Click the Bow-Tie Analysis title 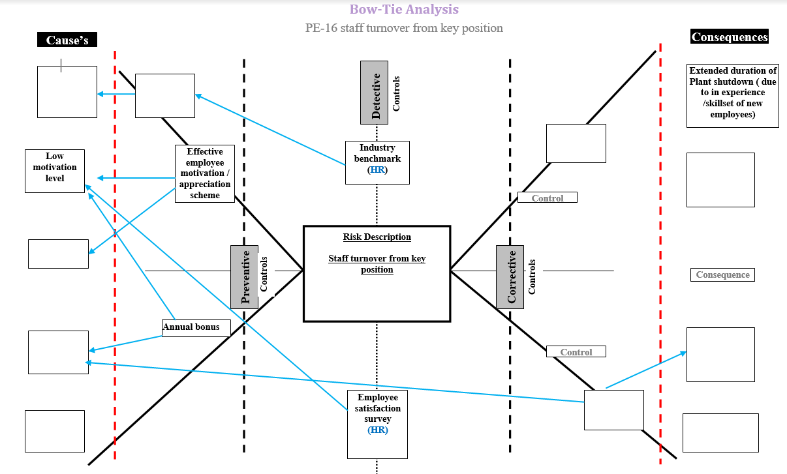pyautogui.click(x=404, y=9)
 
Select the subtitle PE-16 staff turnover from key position pyautogui.click(x=404, y=28)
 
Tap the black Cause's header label pyautogui.click(x=67, y=40)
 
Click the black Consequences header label pyautogui.click(x=730, y=37)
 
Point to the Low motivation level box pyautogui.click(x=55, y=171)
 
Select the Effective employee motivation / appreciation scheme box pyautogui.click(x=205, y=173)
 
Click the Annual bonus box pyautogui.click(x=196, y=327)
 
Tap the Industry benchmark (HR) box pyautogui.click(x=377, y=162)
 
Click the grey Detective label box pyautogui.click(x=375, y=93)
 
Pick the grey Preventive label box pyautogui.click(x=245, y=276)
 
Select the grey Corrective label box pyautogui.click(x=510, y=276)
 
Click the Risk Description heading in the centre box pyautogui.click(x=377, y=237)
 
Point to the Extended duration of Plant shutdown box pyautogui.click(x=732, y=95)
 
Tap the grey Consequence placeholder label pyautogui.click(x=722, y=274)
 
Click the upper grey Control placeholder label pyautogui.click(x=547, y=198)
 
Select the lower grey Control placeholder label pyautogui.click(x=576, y=351)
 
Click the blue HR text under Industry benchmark pyautogui.click(x=377, y=170)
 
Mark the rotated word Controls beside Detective pyautogui.click(x=396, y=93)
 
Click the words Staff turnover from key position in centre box pyautogui.click(x=377, y=264)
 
